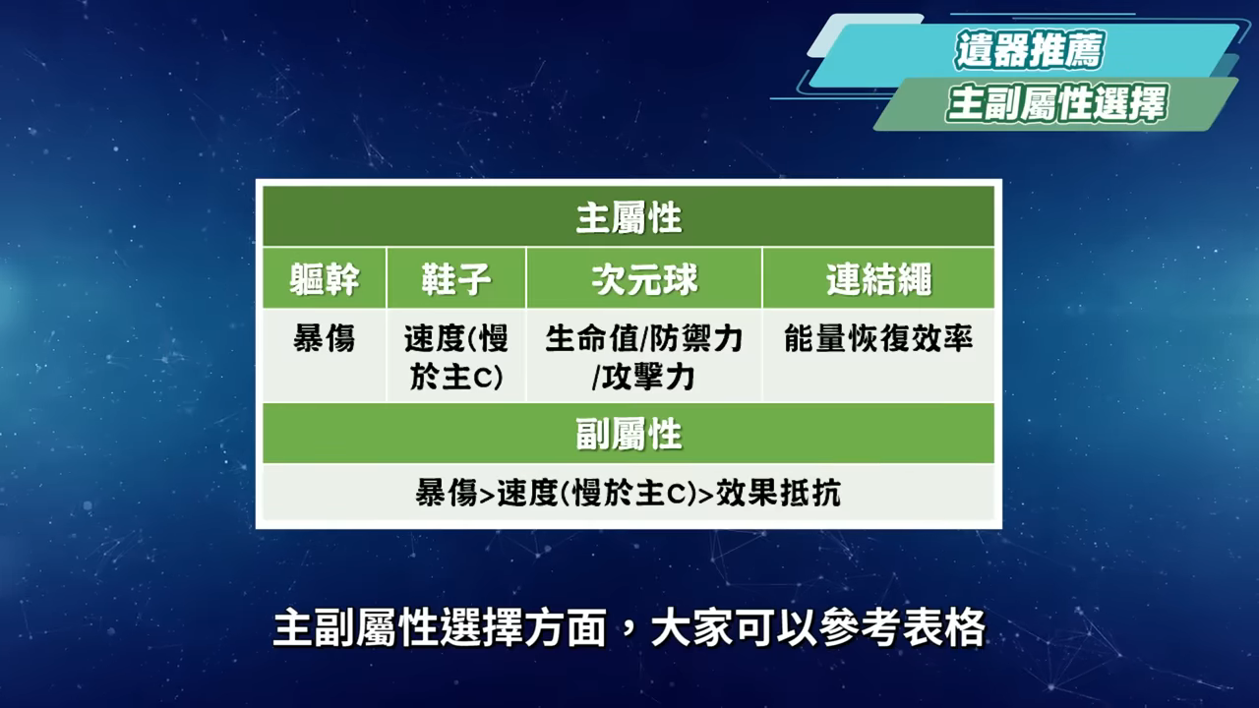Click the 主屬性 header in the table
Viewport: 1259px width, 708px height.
point(629,218)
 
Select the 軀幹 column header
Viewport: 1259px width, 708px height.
point(325,279)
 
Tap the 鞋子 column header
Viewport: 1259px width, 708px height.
point(455,279)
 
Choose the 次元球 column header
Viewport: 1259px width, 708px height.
point(644,279)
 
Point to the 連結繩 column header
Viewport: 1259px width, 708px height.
point(878,279)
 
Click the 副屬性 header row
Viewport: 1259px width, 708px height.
point(629,435)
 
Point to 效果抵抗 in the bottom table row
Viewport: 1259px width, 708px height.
point(778,493)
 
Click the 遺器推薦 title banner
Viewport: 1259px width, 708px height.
point(1030,50)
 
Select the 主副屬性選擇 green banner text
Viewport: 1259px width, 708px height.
point(1056,104)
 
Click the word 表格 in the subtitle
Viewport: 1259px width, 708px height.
point(944,627)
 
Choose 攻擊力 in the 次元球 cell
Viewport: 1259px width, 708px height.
point(648,377)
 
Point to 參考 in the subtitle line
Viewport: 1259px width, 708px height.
point(861,627)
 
